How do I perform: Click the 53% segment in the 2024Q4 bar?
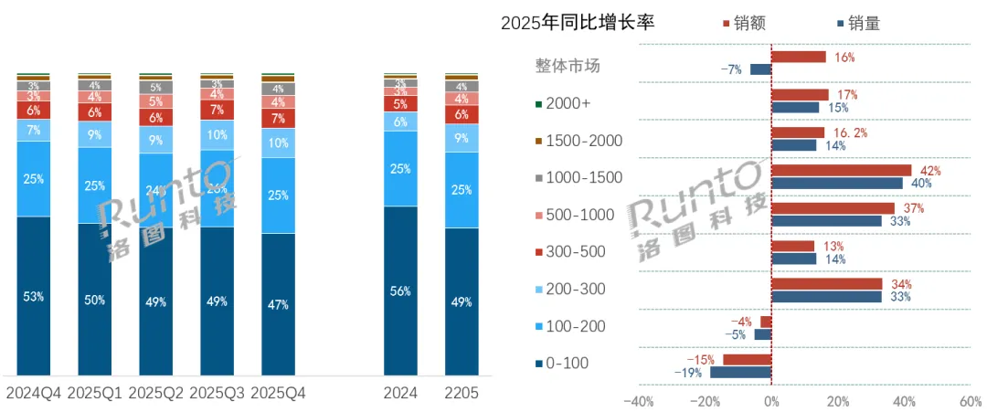coord(34,296)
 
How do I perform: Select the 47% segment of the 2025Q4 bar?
coord(279,304)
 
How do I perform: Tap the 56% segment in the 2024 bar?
coord(400,291)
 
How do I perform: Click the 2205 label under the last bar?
coord(462,393)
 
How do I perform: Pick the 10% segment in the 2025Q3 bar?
coord(218,133)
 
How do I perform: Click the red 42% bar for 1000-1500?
coord(841,170)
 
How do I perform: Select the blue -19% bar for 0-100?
coord(740,372)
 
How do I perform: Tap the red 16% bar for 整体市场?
coord(798,57)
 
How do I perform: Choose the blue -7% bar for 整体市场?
coord(760,69)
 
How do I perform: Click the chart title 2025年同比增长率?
coord(578,23)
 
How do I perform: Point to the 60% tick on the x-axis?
coord(970,400)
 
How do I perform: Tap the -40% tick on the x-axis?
coord(638,400)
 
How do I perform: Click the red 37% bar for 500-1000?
coord(833,208)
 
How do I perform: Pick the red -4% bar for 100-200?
coord(766,322)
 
